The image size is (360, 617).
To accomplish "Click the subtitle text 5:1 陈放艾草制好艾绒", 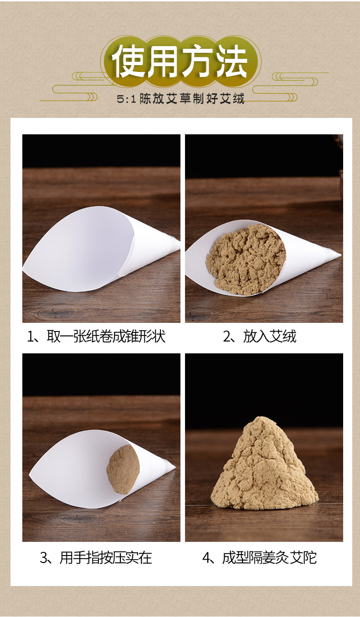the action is click(180, 99).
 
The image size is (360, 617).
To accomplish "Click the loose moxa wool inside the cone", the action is click(246, 260).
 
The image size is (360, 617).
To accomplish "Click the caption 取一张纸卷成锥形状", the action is click(106, 336).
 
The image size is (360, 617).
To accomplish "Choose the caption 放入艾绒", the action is click(270, 336).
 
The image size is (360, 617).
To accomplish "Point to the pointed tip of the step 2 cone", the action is click(341, 255).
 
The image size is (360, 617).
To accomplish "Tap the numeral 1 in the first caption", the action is click(30, 337).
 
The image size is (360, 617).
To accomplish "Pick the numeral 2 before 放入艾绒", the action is click(227, 337).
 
